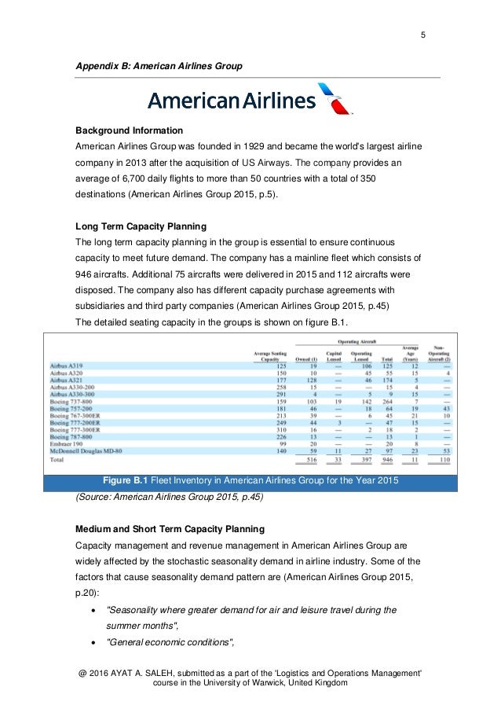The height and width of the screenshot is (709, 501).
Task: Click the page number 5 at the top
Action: tap(424, 34)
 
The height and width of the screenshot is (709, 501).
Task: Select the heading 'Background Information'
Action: tap(129, 130)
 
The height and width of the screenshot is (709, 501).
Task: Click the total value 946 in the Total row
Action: tap(386, 461)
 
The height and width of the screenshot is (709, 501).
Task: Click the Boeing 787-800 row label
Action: tap(71, 436)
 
